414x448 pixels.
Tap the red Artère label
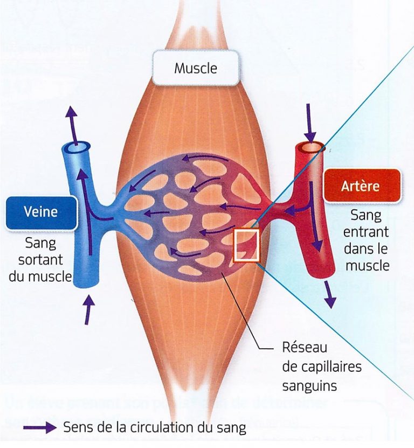pyautogui.click(x=361, y=187)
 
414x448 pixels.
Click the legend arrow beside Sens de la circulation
pyautogui.click(x=40, y=428)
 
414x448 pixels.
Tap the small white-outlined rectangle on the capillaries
pyautogui.click(x=246, y=246)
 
